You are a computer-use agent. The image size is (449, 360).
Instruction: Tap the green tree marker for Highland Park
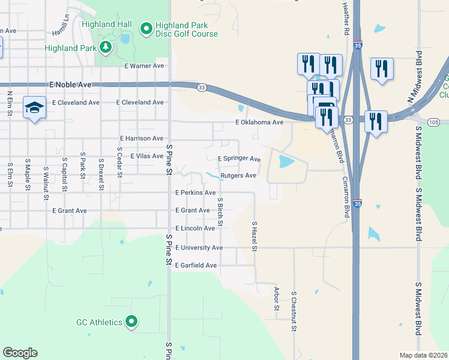[x=106, y=47]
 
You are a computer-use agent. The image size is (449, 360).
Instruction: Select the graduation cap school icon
[x=34, y=108]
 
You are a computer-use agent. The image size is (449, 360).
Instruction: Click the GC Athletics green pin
[x=131, y=322]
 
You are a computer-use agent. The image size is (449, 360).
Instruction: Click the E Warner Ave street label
[x=144, y=66]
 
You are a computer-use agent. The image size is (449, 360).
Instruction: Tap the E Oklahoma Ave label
[x=259, y=122]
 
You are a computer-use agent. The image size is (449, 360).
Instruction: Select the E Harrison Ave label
[x=142, y=139]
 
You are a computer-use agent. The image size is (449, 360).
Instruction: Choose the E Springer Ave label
[x=239, y=159]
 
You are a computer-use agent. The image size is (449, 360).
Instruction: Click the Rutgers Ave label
[x=238, y=176]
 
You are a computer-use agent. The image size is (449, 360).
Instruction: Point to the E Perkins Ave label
[x=195, y=193]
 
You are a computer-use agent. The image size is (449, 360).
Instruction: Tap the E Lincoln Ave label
[x=195, y=229]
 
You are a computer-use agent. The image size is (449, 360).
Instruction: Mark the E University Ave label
[x=199, y=248]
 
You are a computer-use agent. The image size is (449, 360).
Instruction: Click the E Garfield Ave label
[x=196, y=265]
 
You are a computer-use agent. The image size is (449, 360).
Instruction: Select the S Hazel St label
[x=255, y=236]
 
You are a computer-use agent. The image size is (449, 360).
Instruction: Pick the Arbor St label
[x=277, y=298]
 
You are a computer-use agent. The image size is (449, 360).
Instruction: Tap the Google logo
[x=20, y=353]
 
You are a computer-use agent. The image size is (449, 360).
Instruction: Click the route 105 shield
[x=435, y=122]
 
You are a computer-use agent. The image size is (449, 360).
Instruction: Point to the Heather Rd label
[x=346, y=17]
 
